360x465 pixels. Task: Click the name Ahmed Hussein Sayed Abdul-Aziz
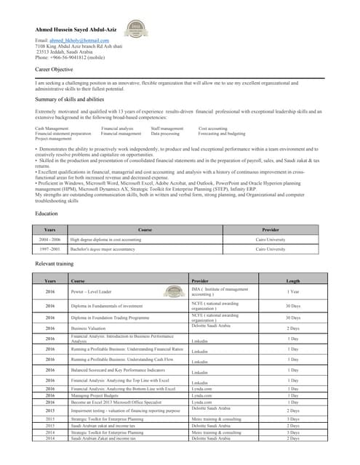coord(80,29)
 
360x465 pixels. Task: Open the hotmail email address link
coord(72,40)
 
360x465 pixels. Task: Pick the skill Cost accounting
coord(213,128)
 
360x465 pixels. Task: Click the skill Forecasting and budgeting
coord(222,134)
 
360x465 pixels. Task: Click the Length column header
coord(293,280)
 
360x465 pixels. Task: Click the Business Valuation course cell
coord(89,328)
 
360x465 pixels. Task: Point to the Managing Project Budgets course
coord(97,395)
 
